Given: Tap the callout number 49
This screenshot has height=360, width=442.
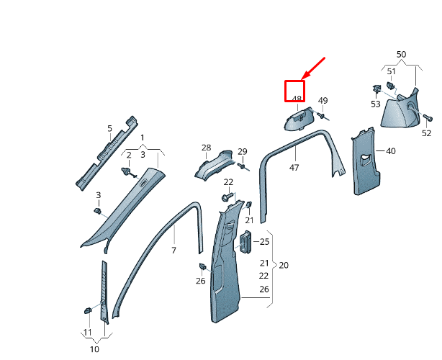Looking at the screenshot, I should coord(323,101).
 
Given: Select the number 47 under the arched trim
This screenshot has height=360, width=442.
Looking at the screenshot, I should coord(294,167).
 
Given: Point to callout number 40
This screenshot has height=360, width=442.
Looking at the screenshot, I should coord(391,151).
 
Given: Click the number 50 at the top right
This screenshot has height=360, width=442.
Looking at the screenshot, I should coord(401,54).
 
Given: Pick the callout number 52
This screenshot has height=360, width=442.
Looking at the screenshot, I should coord(426,133).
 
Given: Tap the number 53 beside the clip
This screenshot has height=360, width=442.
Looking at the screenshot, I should coord(375,104).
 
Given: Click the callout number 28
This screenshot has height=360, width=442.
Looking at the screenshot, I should coord(206,148).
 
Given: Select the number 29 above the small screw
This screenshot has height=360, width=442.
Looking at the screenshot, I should coord(243,151).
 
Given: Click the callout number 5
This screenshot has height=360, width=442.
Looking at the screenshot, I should coord(109,129).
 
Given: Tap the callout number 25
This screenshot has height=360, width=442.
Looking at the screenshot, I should coord(264,241).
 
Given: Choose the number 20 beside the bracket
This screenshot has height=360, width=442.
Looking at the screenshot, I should coord(284,265).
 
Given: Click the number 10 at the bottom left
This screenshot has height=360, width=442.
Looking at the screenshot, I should coord(94,349).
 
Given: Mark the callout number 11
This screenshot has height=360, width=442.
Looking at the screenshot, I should coord(87,333).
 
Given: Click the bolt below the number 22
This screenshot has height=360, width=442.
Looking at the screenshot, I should coord(227,196).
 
